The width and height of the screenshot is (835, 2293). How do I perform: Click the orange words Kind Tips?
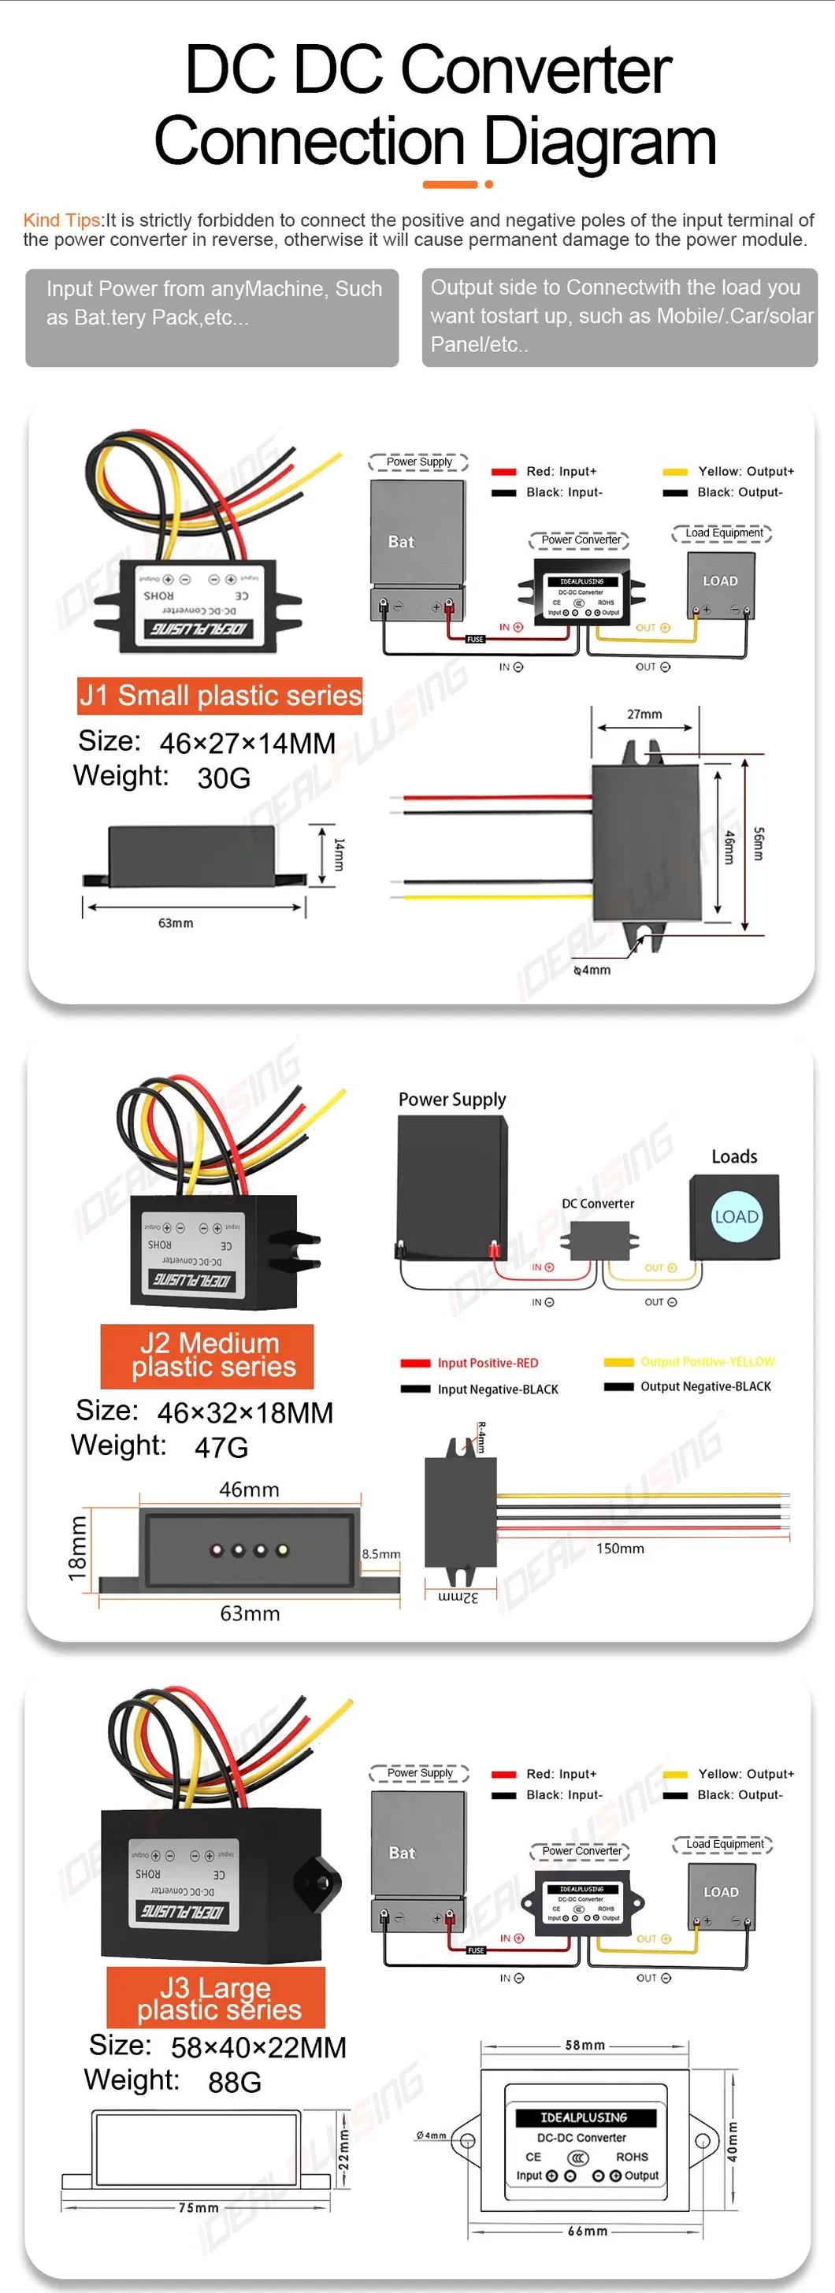(x=61, y=220)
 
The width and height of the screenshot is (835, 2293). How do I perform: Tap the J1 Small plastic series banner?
(x=220, y=696)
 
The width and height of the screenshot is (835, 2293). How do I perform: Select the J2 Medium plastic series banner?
(x=207, y=1356)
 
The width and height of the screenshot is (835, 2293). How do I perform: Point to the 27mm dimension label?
(x=644, y=714)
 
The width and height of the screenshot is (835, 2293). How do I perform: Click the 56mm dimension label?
(x=759, y=843)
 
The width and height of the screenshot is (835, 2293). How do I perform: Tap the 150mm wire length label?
(x=620, y=1548)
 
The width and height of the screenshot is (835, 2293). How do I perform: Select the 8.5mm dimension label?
(x=381, y=1553)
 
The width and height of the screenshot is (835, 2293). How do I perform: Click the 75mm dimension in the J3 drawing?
(x=198, y=2208)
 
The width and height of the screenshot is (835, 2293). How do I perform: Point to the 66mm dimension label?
(x=588, y=2231)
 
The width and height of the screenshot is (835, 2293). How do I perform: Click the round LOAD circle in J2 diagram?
(x=737, y=1217)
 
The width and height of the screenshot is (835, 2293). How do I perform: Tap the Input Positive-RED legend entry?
(x=487, y=1363)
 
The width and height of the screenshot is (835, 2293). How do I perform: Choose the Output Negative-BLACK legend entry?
(x=705, y=1386)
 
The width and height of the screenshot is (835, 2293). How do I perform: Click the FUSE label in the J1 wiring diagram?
(x=475, y=639)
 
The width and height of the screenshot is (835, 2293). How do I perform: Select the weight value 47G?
(x=221, y=1447)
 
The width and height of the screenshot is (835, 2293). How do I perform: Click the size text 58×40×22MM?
(x=258, y=2047)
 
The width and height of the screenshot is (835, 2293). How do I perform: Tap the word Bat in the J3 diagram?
(x=402, y=1853)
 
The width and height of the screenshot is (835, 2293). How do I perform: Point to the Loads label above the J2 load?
(x=733, y=1156)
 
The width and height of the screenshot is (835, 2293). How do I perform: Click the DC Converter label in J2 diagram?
(x=597, y=1204)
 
